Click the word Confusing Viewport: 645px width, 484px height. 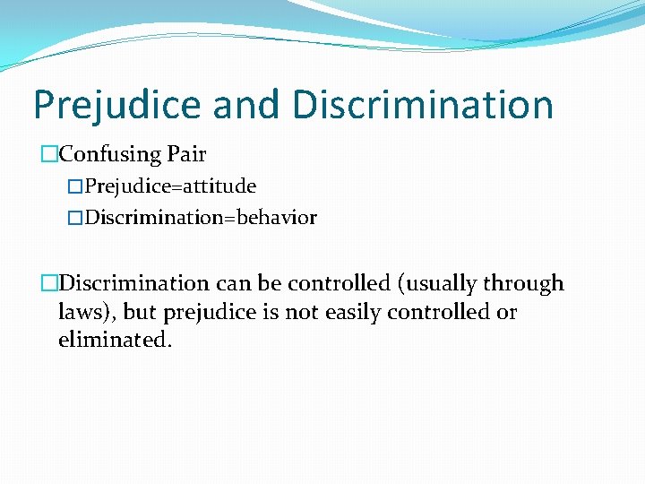click(x=109, y=155)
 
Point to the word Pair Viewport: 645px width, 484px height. click(x=186, y=155)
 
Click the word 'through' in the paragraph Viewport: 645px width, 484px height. click(x=523, y=284)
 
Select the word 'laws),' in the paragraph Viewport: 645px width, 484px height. click(x=87, y=313)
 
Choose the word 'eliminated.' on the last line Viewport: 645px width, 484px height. click(x=113, y=341)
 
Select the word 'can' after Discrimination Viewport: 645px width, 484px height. click(x=233, y=284)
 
